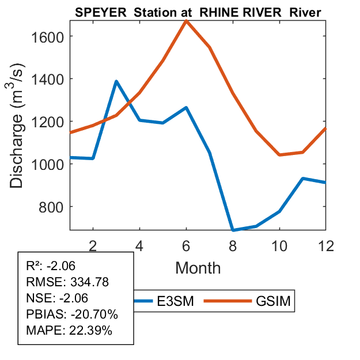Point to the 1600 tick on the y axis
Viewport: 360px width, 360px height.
[x=48, y=36]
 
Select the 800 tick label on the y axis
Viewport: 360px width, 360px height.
[x=52, y=207]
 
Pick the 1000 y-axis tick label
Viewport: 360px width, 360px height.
[x=48, y=164]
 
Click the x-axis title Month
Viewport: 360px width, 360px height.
[x=198, y=267]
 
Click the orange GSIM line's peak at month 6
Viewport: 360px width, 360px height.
[x=186, y=21]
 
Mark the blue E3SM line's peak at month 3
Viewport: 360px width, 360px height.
[x=116, y=81]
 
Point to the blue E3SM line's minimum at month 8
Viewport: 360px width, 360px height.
[x=233, y=230]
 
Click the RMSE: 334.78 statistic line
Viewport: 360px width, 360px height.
[x=68, y=282]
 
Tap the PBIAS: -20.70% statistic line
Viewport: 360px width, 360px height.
[x=72, y=314]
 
